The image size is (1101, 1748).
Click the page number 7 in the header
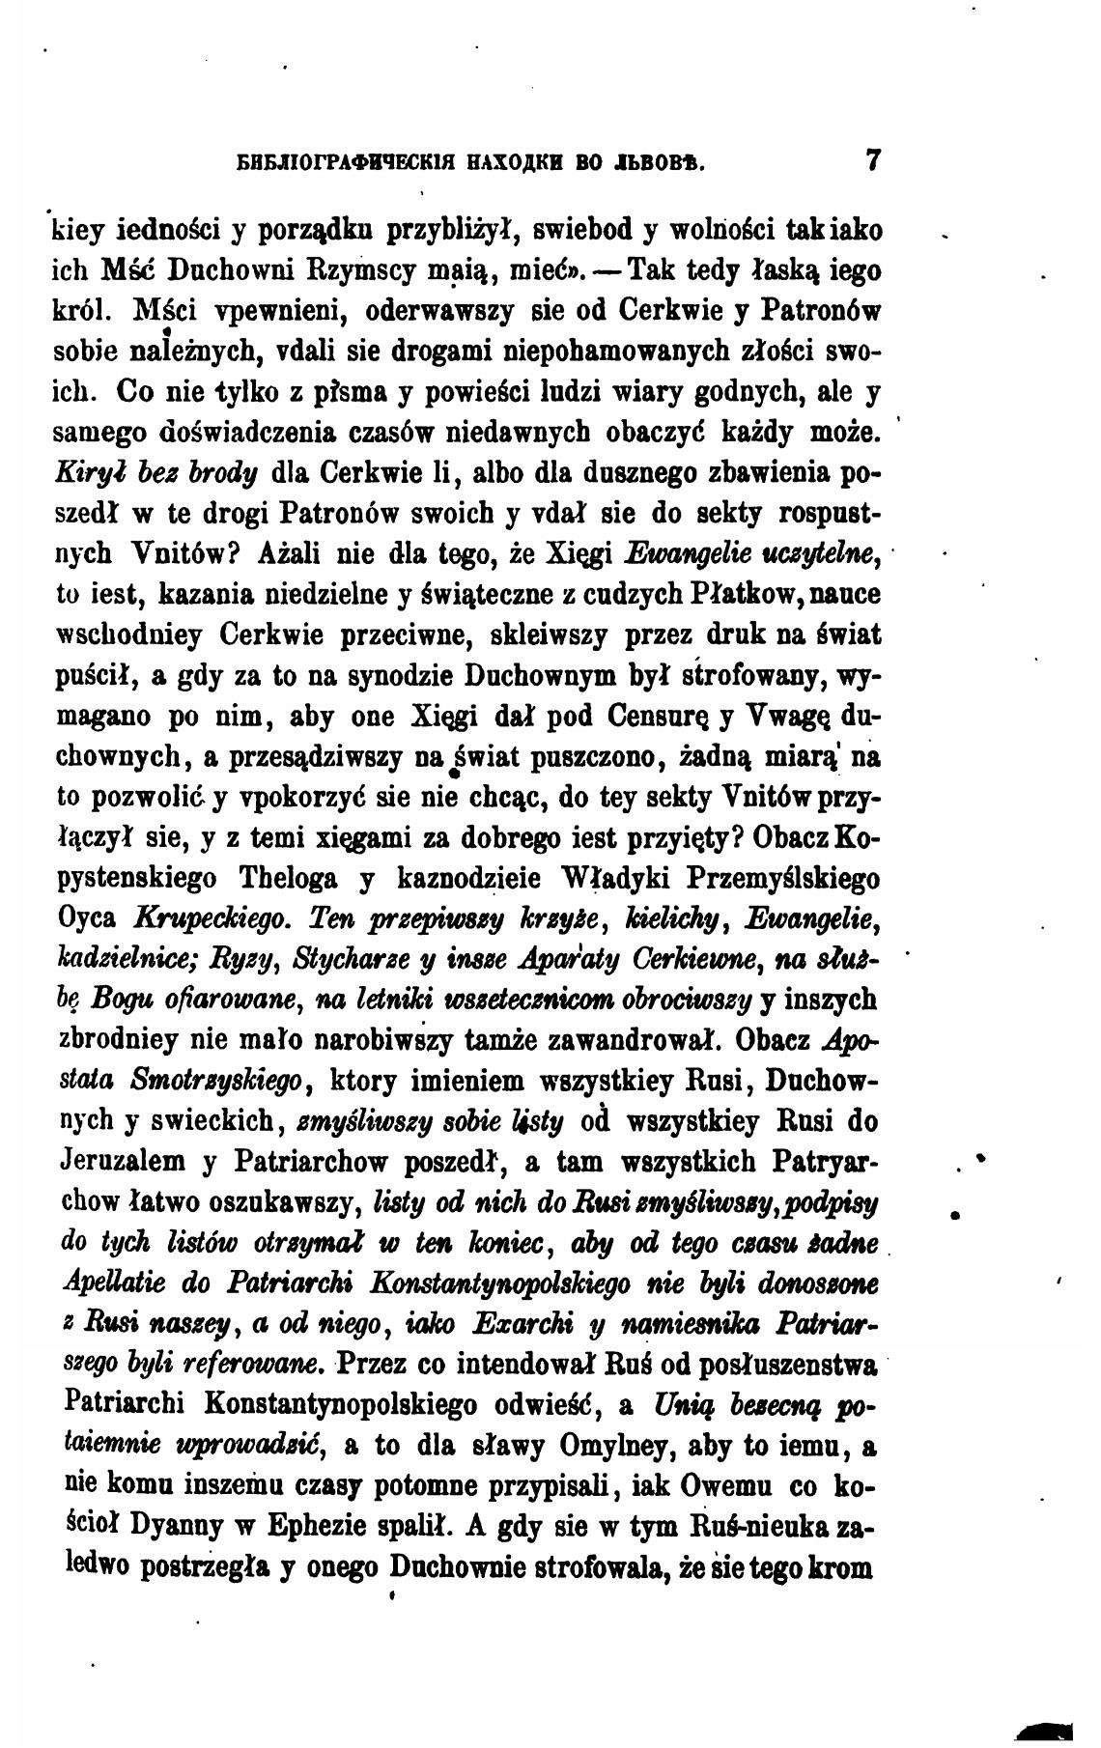pyautogui.click(x=874, y=159)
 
